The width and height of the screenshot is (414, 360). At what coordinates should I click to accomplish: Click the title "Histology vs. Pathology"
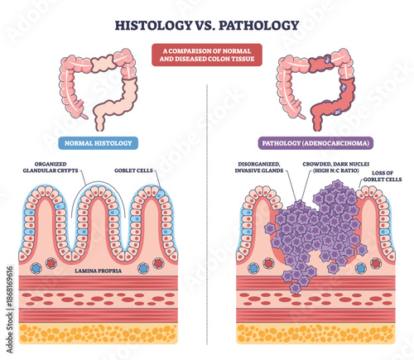[207, 24]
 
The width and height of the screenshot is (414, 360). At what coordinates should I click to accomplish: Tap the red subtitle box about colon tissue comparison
[207, 55]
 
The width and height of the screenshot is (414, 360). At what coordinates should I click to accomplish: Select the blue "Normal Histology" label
[97, 142]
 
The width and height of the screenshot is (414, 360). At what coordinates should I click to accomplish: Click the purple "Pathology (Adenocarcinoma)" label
[315, 142]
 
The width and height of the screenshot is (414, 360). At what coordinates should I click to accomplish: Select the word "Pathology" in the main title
[257, 24]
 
